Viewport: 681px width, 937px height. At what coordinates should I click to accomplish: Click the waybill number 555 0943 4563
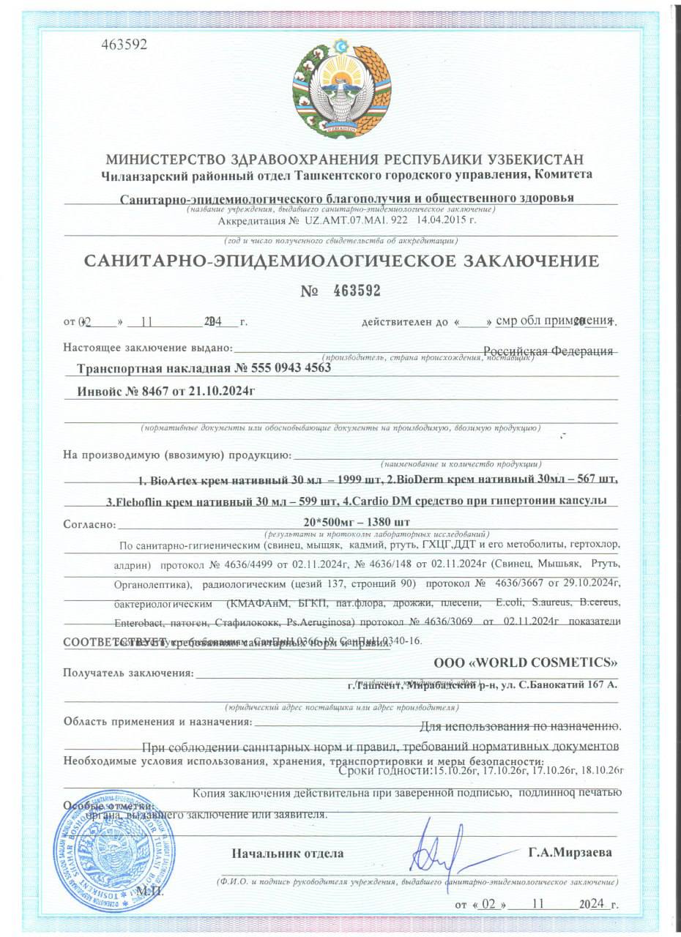[x=291, y=369]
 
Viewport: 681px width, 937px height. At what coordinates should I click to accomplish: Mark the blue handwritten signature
[x=437, y=849]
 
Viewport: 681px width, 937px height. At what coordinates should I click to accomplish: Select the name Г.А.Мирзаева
[x=570, y=853]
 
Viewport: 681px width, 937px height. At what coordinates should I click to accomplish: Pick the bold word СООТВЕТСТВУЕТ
[x=107, y=643]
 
